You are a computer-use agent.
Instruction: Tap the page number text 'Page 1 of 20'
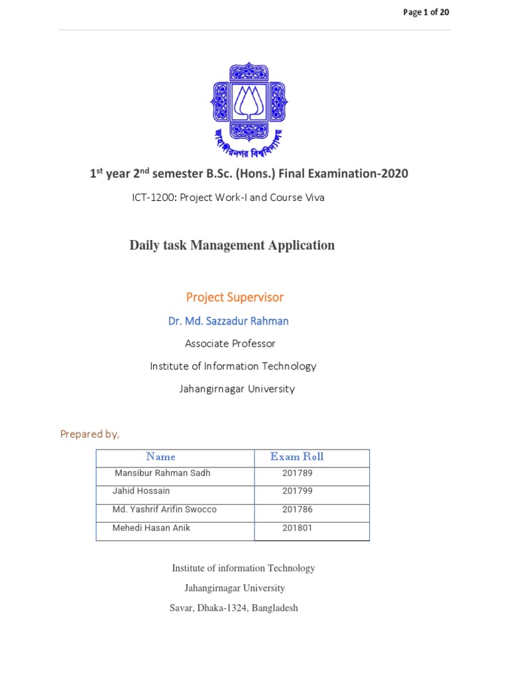(x=427, y=13)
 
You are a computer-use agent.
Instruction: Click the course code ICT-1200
(x=154, y=198)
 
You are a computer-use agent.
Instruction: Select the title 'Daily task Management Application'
(x=232, y=245)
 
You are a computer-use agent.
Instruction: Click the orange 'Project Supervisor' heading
(x=235, y=297)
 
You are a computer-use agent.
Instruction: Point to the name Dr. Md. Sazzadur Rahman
(x=229, y=321)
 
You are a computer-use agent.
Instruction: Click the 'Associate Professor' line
(x=230, y=343)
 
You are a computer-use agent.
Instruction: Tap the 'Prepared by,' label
(x=89, y=434)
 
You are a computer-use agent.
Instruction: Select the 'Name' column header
(x=161, y=457)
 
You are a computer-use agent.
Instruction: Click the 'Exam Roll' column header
(x=297, y=457)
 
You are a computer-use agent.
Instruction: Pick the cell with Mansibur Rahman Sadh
(x=162, y=473)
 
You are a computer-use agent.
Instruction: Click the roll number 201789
(x=297, y=473)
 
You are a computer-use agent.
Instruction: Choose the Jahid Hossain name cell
(x=142, y=491)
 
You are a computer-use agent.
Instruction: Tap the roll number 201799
(x=297, y=491)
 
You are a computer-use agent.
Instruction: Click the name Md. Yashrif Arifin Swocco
(x=165, y=510)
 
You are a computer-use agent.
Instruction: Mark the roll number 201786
(x=297, y=510)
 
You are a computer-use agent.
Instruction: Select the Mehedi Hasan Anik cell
(x=152, y=528)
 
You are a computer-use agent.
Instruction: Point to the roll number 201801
(x=297, y=528)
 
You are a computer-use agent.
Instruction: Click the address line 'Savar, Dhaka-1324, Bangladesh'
(x=234, y=608)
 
